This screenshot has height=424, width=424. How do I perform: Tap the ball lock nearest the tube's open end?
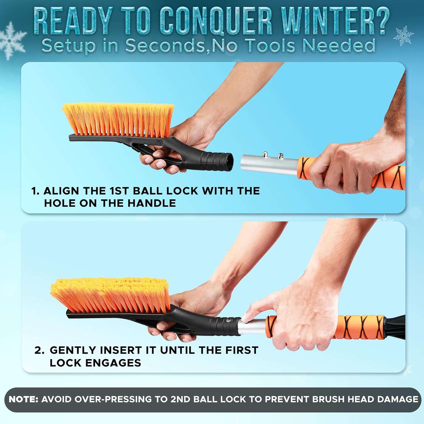coord(265,154)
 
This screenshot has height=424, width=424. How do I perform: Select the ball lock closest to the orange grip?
coord(280,155)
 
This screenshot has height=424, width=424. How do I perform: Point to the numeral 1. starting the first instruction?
coord(35,191)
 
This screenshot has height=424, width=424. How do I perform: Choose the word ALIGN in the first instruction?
coord(61,191)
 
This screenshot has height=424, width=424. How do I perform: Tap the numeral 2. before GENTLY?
coord(39,350)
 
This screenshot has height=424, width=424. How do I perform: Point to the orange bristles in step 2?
coord(110,294)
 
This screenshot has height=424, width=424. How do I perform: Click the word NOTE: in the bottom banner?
coord(23,399)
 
